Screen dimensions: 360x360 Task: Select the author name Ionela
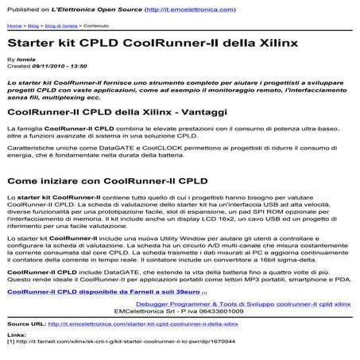[27, 60]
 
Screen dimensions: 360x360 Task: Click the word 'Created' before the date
[18, 66]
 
